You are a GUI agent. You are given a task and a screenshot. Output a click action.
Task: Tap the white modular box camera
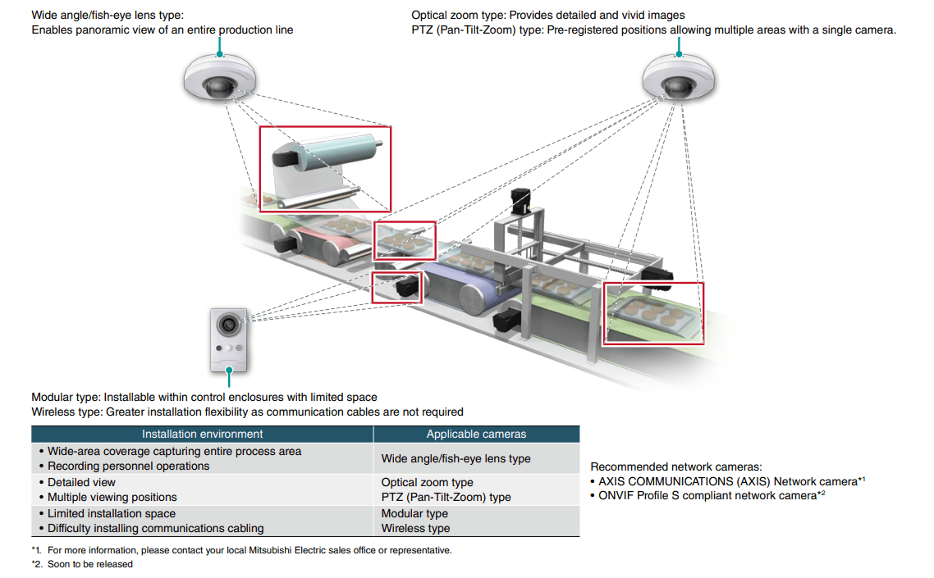[229, 338]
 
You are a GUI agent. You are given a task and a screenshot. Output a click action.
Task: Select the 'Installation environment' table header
[202, 434]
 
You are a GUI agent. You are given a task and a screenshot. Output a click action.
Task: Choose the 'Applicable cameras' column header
[476, 434]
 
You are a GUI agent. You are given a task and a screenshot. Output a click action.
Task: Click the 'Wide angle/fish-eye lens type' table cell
[456, 458]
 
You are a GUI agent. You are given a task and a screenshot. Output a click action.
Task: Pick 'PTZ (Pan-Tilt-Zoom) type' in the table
[446, 497]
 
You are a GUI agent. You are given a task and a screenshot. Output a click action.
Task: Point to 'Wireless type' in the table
[415, 528]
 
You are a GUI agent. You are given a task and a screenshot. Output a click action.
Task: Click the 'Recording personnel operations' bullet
[128, 466]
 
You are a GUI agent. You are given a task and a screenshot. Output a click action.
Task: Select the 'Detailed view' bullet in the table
[81, 482]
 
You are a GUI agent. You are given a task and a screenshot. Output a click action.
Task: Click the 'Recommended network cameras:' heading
[675, 466]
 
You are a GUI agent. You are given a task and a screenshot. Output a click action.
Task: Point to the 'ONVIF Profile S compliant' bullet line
[704, 496]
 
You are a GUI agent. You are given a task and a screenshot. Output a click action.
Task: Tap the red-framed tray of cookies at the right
[653, 314]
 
